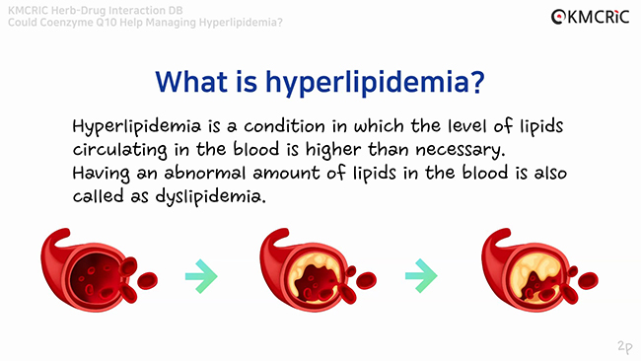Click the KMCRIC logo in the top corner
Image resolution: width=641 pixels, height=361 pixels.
point(588,16)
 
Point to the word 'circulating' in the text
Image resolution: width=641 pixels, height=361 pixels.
point(116,151)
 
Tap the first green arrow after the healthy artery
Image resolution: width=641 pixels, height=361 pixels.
point(201,276)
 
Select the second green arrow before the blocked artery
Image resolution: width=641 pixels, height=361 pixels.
point(421,276)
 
